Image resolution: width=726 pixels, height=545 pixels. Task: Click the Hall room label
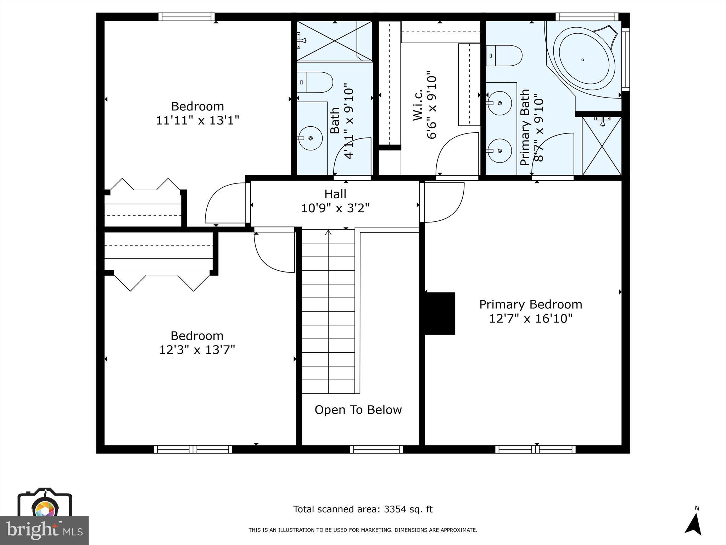(335, 194)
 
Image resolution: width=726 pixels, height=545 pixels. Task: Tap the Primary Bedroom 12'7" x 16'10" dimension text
(531, 319)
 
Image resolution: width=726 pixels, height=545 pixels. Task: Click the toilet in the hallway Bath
(315, 82)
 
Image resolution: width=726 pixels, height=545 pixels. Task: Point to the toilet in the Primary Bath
(504, 56)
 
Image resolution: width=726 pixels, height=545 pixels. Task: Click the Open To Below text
(358, 410)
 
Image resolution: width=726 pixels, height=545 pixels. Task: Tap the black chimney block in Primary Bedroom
(440, 313)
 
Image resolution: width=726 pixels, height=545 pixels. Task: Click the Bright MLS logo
(44, 530)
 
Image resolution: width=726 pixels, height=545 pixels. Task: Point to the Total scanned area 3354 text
(363, 509)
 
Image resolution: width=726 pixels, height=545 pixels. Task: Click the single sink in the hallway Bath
(310, 138)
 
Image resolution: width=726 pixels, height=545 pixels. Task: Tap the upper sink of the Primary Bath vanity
(499, 103)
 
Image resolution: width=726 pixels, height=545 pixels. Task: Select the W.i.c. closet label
(418, 105)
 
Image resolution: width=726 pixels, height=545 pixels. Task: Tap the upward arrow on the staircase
(328, 233)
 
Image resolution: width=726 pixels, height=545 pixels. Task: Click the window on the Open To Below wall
(376, 449)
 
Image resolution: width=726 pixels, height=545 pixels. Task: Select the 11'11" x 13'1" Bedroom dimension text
(197, 120)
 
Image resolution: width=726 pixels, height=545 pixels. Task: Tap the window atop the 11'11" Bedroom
(186, 17)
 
